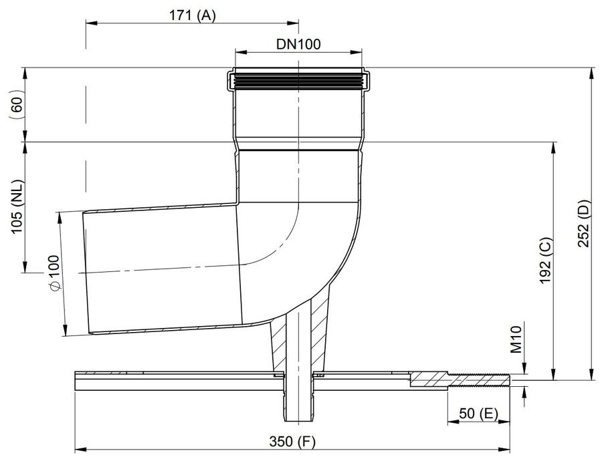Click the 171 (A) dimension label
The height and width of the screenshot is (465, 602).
coord(193,15)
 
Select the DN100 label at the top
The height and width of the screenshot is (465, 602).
coord(298,44)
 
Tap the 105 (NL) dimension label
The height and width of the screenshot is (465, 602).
coord(17,206)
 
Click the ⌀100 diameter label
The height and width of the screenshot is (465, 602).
coord(53,273)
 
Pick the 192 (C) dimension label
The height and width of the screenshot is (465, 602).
coord(545,261)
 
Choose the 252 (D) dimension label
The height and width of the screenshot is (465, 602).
coord(583,223)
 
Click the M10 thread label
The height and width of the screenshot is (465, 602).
coord(516,339)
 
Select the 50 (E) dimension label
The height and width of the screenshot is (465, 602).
coord(478,414)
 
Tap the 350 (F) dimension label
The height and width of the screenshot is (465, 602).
coord(292,442)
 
